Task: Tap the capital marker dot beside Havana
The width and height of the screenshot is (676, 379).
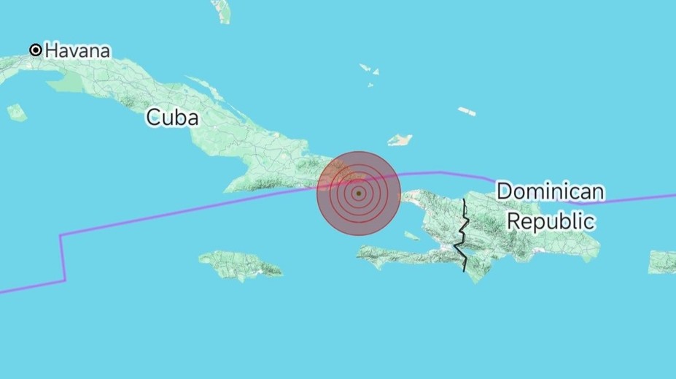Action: [x=35, y=50]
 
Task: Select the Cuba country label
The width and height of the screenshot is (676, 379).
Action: [x=172, y=117]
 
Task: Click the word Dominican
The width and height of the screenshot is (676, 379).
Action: [x=550, y=192]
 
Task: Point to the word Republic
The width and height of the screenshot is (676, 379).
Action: [x=551, y=220]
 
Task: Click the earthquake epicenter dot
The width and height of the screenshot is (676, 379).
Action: [x=359, y=194]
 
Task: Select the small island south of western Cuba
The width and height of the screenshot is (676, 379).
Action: [x=17, y=112]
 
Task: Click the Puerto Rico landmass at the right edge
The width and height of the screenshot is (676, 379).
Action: [x=663, y=261]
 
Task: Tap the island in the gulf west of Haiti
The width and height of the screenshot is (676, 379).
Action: [x=411, y=236]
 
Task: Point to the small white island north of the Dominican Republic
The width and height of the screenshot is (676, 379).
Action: [x=467, y=112]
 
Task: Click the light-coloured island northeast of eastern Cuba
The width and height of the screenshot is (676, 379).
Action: [x=400, y=139]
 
